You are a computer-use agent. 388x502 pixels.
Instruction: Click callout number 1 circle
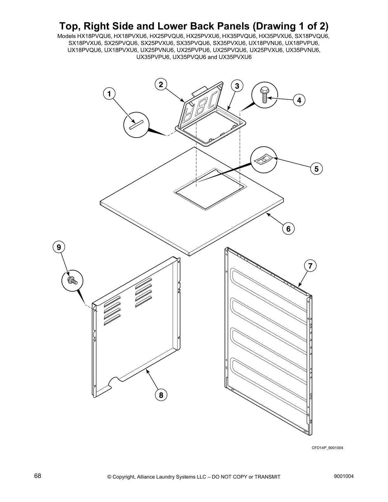[109, 94]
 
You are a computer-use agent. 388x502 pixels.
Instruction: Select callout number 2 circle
[161, 84]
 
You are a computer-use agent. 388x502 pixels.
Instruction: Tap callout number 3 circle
[237, 86]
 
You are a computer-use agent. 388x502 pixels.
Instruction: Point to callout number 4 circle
[299, 100]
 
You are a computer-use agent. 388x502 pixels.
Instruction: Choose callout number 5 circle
[316, 169]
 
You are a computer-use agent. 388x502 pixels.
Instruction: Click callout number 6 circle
[288, 228]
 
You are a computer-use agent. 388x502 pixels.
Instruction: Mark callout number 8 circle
[161, 395]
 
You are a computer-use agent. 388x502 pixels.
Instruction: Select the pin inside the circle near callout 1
[136, 125]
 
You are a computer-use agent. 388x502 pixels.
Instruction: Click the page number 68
[38, 476]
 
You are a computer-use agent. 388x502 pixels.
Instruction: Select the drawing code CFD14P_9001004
[327, 448]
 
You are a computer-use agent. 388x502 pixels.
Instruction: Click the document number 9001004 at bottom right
[344, 476]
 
